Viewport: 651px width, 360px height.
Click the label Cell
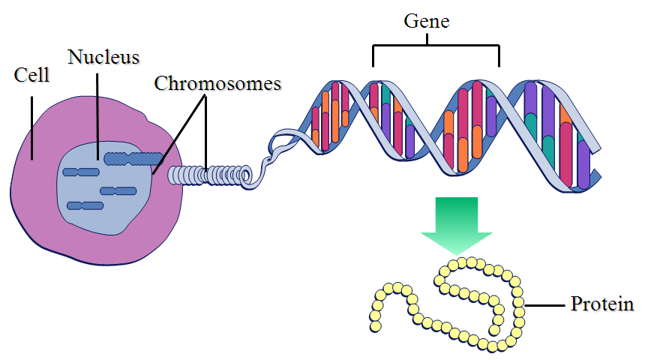31,76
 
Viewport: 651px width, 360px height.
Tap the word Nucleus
103,56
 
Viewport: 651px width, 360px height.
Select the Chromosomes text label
217,82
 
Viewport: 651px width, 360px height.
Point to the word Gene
426,21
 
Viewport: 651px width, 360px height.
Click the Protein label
602,305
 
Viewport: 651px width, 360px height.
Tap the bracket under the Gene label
435,46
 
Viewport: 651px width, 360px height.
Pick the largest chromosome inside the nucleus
133,158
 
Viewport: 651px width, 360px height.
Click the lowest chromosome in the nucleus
84,205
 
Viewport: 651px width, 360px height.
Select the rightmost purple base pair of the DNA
583,161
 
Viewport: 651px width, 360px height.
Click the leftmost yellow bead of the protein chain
374,326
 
